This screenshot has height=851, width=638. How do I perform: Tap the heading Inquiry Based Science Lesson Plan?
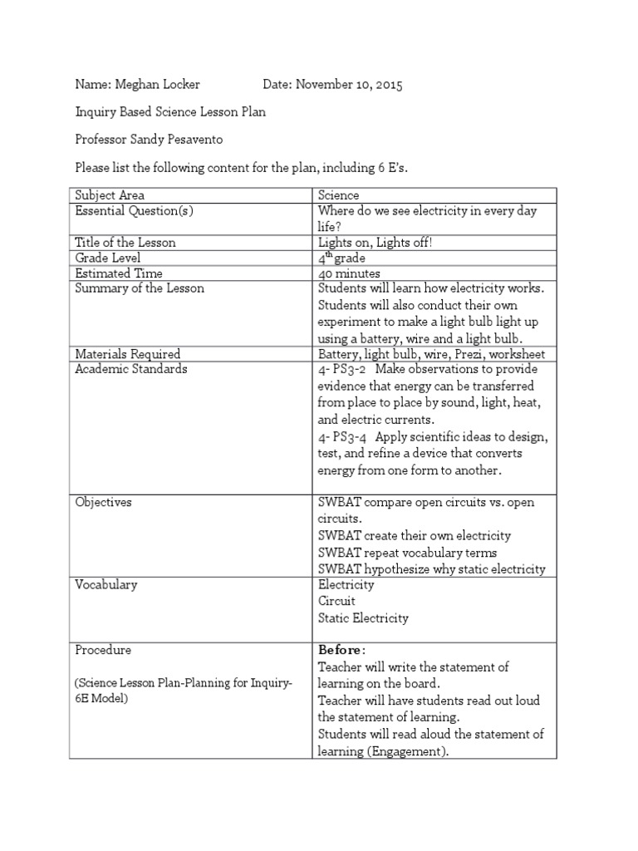pos(171,111)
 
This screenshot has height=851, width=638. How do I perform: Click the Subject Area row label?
pos(110,195)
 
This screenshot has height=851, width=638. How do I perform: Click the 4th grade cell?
pos(342,258)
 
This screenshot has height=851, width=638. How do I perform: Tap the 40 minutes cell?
pos(349,273)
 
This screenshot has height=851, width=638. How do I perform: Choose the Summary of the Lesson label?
pos(140,288)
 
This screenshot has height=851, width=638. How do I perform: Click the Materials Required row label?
pos(127,354)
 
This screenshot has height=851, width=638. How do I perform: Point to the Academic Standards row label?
pos(130,369)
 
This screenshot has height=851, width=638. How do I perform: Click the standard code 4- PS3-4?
pos(344,437)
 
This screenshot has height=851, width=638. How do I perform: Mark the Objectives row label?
pos(103,503)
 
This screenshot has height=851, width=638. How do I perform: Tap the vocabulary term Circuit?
pos(336,601)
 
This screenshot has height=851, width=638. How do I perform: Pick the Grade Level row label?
pos(109,258)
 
